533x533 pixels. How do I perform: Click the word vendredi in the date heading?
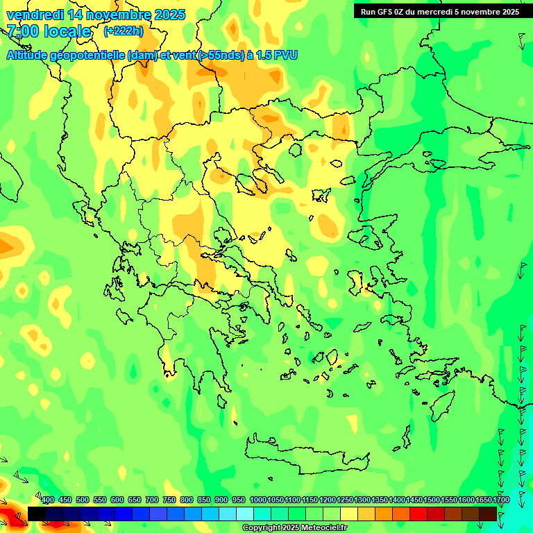coord(34,15)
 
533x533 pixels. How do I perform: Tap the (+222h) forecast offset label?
coord(124,31)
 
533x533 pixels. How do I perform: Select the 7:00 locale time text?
coord(49,31)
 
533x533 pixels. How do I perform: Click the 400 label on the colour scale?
coord(48,500)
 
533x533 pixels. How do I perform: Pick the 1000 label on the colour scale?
coord(257,500)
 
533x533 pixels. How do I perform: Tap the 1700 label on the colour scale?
coord(501,500)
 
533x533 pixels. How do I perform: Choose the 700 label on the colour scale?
coord(152,500)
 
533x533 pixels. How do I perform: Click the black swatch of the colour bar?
coord(37,514)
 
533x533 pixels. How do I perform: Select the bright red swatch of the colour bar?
coord(418,514)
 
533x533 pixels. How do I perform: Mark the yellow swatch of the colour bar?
coord(349,514)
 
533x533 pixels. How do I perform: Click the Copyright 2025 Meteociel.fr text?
coord(295,528)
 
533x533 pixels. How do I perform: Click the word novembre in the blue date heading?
coord(119,15)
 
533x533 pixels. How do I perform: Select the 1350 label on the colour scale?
coord(380,500)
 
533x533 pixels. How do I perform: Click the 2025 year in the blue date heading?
coord(169,15)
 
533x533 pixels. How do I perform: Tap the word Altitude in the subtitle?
coord(32,55)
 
